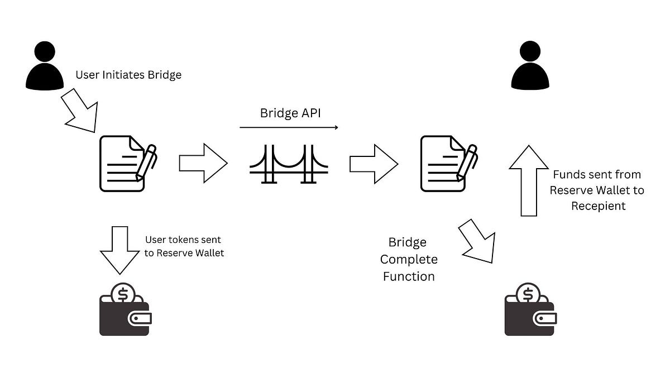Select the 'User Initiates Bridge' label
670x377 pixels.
point(128,74)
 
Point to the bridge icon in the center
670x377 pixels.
point(289,164)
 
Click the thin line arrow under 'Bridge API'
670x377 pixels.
point(289,128)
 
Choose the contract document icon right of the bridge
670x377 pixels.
point(447,163)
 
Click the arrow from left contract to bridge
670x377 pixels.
point(203,163)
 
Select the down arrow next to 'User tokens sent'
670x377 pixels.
point(119,248)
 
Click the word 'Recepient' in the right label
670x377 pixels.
point(597,206)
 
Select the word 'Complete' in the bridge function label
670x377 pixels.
point(409,259)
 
